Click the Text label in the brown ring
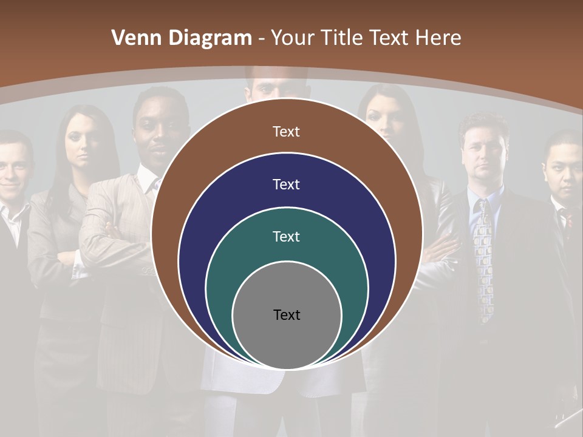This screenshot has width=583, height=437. pyautogui.click(x=286, y=132)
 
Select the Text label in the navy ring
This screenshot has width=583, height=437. pyautogui.click(x=286, y=184)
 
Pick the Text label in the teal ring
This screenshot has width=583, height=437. pyautogui.click(x=286, y=236)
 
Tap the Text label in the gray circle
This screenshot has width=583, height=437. pyautogui.click(x=287, y=314)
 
